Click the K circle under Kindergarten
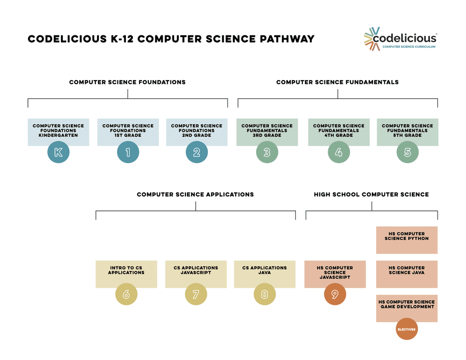[x=58, y=152]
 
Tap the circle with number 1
[x=128, y=152]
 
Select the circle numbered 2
[x=197, y=152]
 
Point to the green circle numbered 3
[x=267, y=152]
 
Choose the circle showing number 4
[x=339, y=152]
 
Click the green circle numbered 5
[x=407, y=152]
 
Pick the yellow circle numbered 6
[x=126, y=294]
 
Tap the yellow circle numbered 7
[x=196, y=294]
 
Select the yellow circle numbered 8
[x=265, y=294]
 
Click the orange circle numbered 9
[x=335, y=294]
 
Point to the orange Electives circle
[x=406, y=329]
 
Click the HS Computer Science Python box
[x=407, y=240]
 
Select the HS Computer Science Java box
[x=407, y=274]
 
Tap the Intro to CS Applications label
[x=126, y=270]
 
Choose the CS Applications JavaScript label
[x=196, y=270]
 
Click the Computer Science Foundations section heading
[x=127, y=82]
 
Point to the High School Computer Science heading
[x=371, y=194]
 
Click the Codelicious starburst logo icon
[x=372, y=39]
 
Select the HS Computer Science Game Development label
[x=407, y=304]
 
